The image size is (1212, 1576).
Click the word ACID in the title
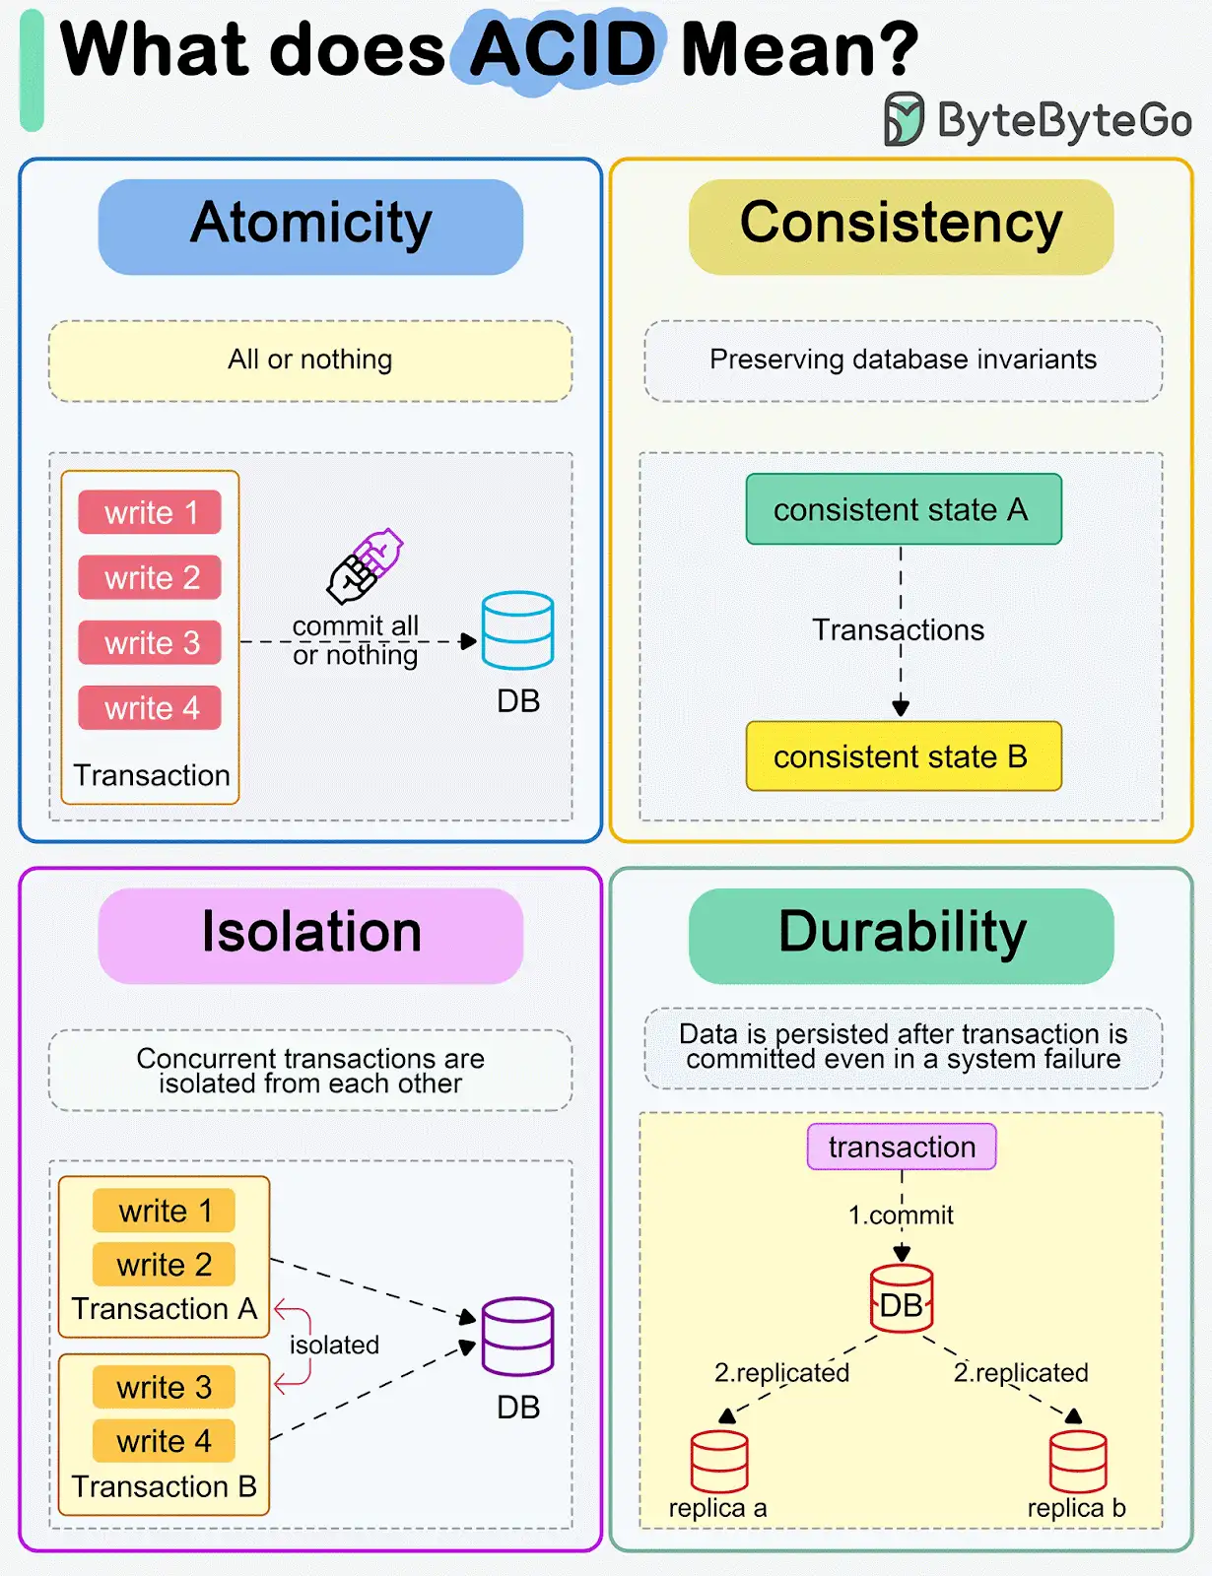(x=563, y=49)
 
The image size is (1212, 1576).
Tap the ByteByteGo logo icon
(x=904, y=118)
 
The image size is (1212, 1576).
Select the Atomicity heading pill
(x=310, y=227)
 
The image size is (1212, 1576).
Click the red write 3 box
(x=150, y=642)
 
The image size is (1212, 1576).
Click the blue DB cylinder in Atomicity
(x=518, y=629)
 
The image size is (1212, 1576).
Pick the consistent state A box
(x=904, y=509)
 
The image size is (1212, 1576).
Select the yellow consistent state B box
(x=904, y=755)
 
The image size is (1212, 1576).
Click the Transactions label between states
(x=898, y=629)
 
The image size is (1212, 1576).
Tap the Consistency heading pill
(x=901, y=227)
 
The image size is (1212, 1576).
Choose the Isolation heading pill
(x=310, y=936)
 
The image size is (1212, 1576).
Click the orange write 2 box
(x=164, y=1264)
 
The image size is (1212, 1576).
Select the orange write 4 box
(x=164, y=1440)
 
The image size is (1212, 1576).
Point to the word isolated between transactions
(x=334, y=1345)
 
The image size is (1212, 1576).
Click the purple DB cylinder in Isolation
(x=518, y=1337)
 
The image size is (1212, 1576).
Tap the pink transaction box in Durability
(x=902, y=1147)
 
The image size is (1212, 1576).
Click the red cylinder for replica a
(x=719, y=1461)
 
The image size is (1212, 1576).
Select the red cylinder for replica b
(x=1078, y=1461)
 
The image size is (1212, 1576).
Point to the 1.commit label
(x=901, y=1215)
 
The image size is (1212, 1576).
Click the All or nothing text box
(x=310, y=361)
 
